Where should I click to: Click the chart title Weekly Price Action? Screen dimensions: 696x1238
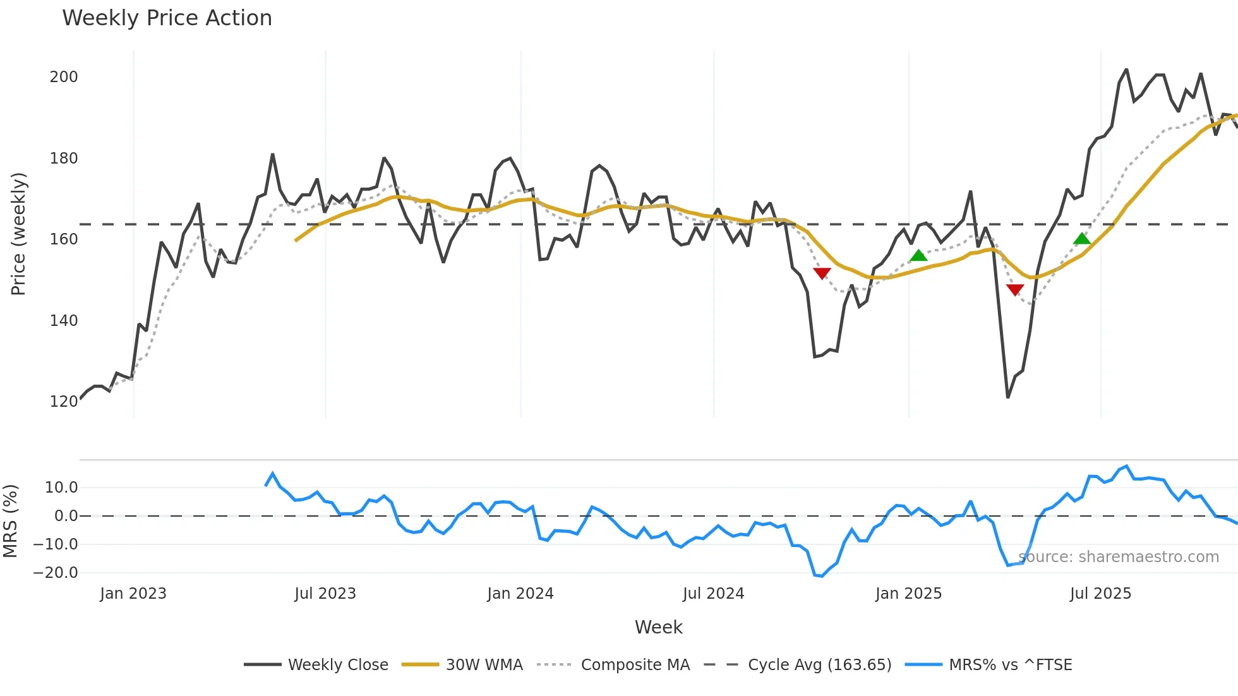167,18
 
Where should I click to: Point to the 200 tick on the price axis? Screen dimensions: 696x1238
64,77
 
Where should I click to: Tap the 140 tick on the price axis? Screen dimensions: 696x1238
64,321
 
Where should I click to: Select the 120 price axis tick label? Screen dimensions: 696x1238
64,402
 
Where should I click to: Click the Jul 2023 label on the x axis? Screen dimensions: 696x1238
325,594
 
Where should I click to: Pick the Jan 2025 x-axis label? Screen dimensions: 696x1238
908,594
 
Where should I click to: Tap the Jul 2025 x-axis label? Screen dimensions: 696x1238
1100,594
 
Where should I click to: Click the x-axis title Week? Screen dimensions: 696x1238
658,627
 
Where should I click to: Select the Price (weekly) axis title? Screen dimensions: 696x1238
19,234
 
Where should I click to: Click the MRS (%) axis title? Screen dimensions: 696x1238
11,521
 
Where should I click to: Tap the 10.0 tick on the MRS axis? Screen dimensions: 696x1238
61,488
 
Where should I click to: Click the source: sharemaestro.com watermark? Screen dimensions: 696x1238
1119,557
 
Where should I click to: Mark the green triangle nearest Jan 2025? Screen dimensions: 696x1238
918,256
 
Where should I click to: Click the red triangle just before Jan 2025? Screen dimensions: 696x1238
822,273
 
